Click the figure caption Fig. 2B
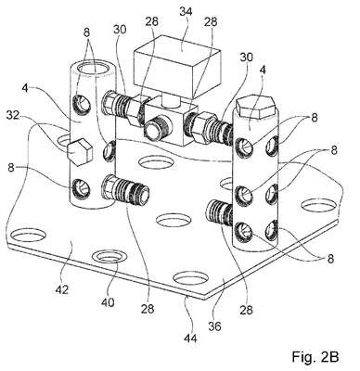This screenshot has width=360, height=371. tap(315, 356)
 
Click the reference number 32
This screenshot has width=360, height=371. tap(13, 115)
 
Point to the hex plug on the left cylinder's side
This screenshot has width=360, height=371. tap(80, 152)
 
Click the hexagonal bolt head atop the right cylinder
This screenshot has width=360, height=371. tap(255, 108)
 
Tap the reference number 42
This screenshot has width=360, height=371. tap(62, 289)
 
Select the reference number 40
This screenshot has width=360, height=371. tap(107, 301)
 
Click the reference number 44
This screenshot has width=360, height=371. tap(190, 339)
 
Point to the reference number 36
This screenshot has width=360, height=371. tap(214, 326)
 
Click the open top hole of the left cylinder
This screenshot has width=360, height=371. tap(91, 68)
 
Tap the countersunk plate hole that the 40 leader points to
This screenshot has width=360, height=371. tap(109, 257)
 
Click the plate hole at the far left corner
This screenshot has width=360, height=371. tap(28, 236)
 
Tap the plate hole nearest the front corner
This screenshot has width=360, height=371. tap(190, 277)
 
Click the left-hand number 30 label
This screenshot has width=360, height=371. tap(120, 29)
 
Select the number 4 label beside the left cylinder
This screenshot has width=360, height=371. tap(26, 88)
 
